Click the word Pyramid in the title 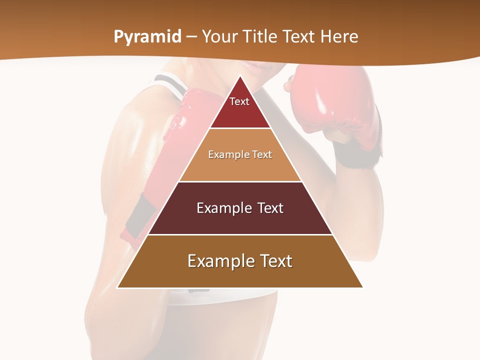click(147, 37)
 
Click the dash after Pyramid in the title click(191, 37)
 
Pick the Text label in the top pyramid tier click(239, 101)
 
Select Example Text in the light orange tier click(240, 154)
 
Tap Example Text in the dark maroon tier click(240, 208)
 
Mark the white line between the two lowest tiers click(240, 234)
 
